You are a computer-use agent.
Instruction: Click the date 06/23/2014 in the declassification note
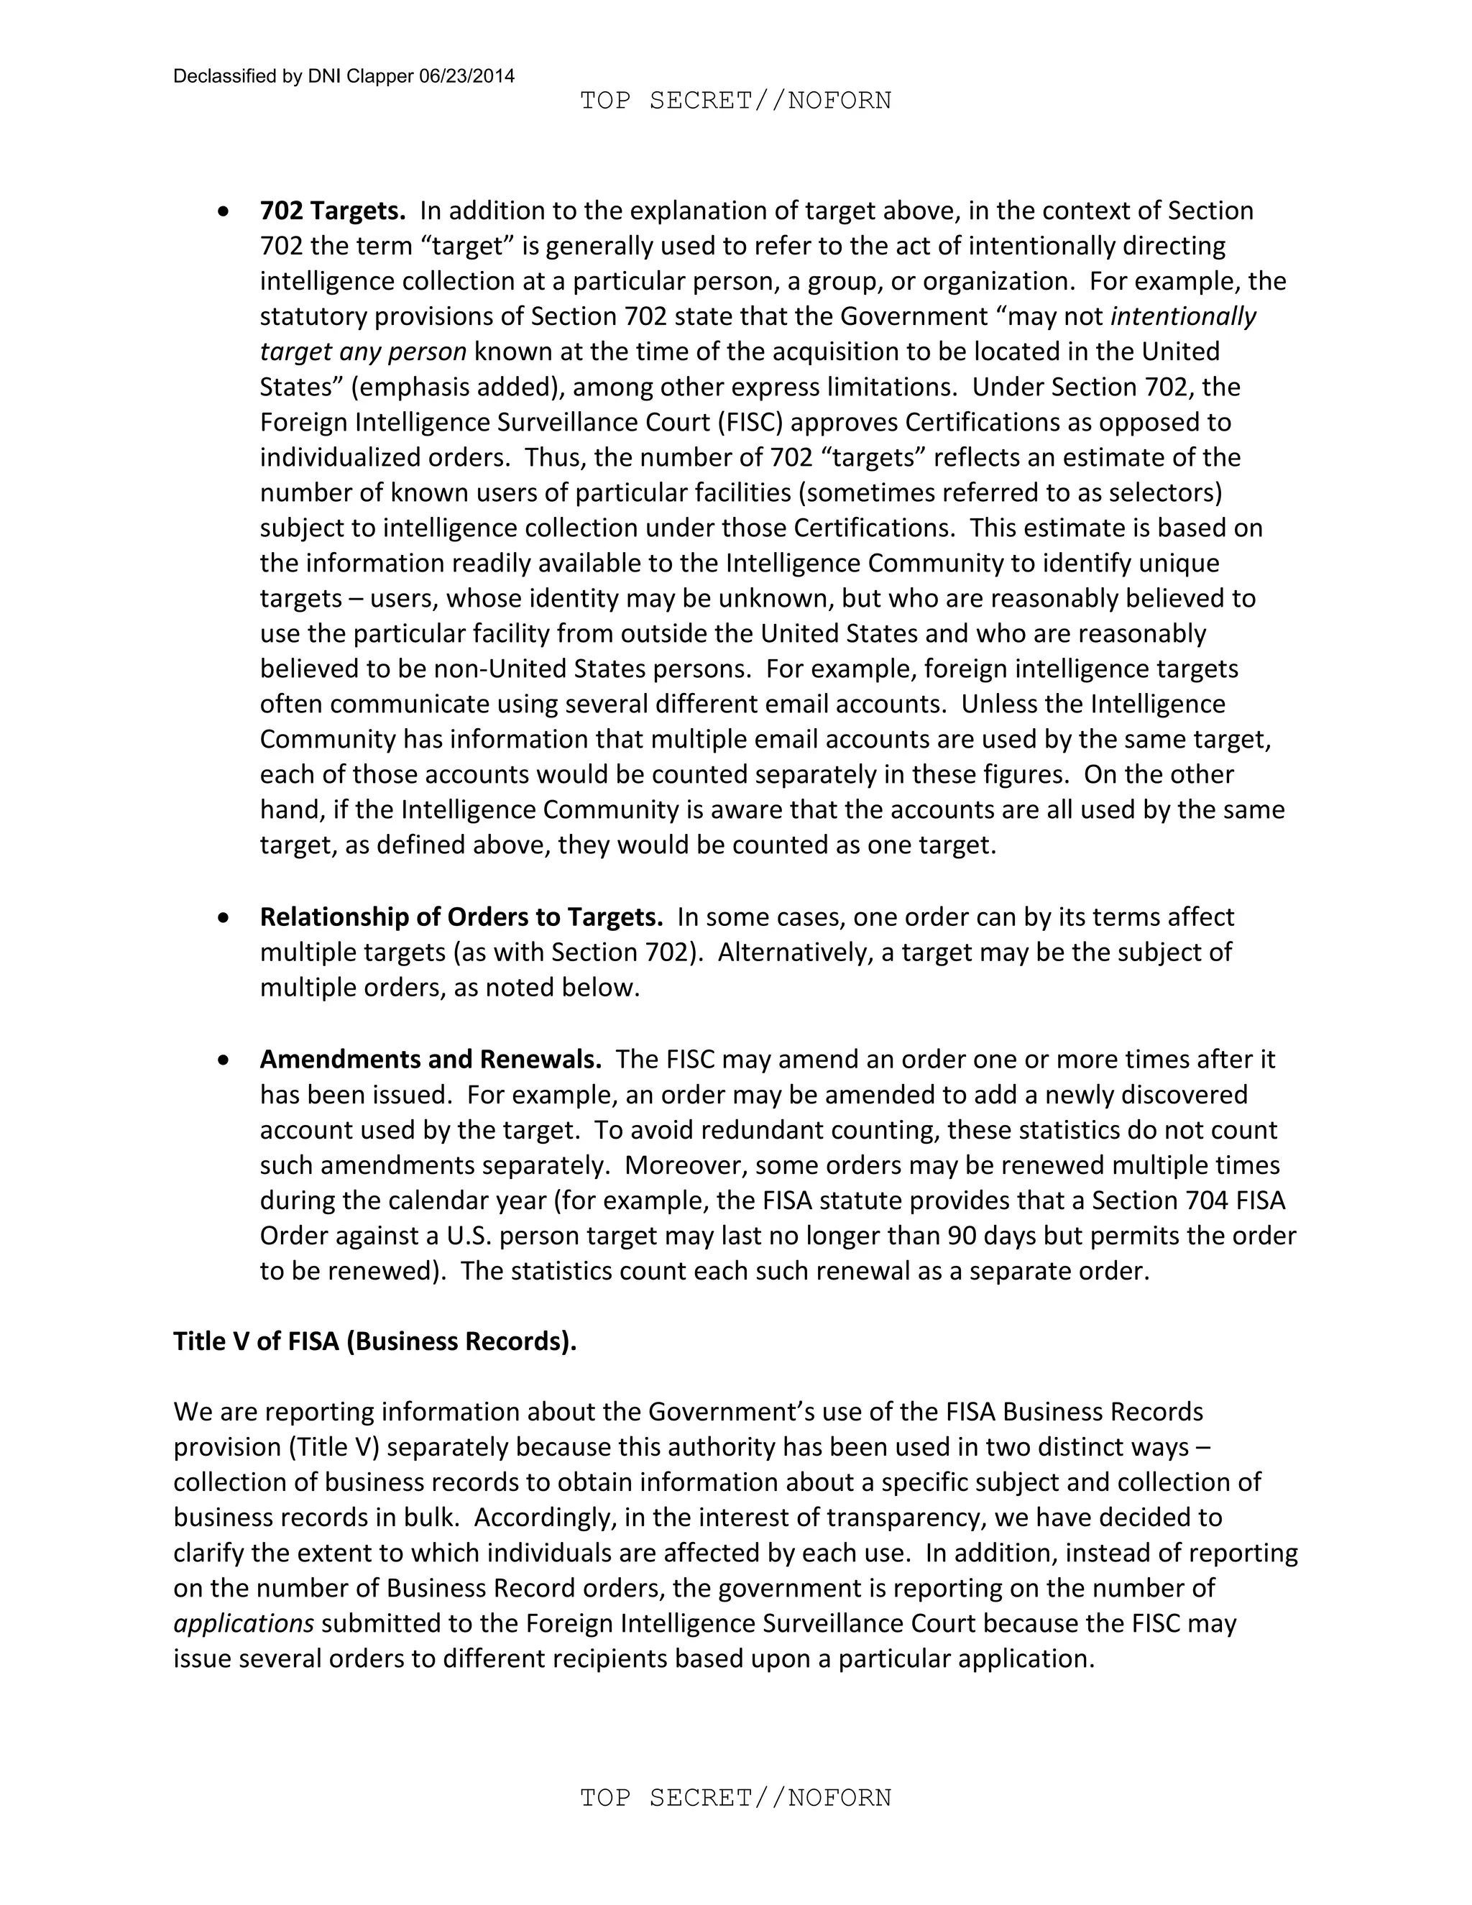coord(466,76)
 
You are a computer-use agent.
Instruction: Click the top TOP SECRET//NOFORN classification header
coord(735,101)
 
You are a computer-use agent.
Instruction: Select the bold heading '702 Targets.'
coord(332,211)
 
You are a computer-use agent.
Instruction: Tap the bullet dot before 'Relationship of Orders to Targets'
coord(225,917)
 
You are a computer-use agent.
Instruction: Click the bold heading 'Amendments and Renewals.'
coord(430,1059)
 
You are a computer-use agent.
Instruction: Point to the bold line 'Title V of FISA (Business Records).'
coord(375,1341)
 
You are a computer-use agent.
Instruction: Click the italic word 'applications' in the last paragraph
coord(244,1623)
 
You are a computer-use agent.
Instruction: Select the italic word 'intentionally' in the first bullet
coord(1182,316)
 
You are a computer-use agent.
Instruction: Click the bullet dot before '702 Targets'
coord(225,211)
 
